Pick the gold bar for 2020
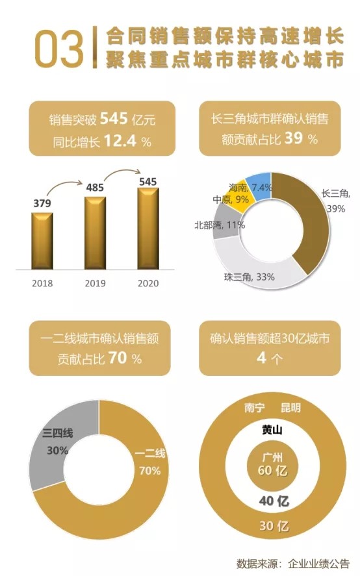click(148, 227)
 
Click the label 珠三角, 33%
click(250, 277)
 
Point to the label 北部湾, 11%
click(219, 225)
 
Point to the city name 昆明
click(290, 408)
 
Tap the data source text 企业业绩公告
click(318, 562)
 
